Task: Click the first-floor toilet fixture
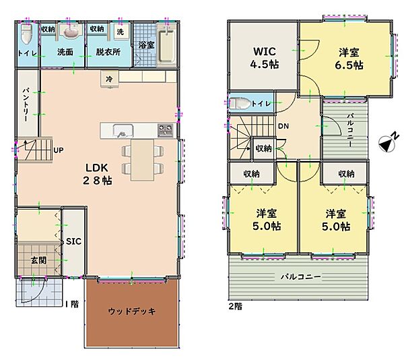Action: pos(26,34)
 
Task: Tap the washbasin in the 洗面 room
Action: pos(70,31)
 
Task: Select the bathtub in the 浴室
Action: pos(166,47)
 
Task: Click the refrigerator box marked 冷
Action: pos(109,79)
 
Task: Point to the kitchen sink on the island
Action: pos(123,131)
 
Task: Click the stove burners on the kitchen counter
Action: pos(166,130)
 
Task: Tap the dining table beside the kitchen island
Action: pos(143,160)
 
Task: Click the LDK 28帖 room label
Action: pos(97,174)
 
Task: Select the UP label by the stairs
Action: pos(59,150)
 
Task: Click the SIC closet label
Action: pos(73,241)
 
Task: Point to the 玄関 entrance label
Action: pos(38,260)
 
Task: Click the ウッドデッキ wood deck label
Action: pos(132,311)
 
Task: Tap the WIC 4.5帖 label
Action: pos(265,57)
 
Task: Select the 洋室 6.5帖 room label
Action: pos(349,59)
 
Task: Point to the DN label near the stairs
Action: pos(283,126)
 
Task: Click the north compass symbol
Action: pos(388,142)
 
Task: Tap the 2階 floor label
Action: pos(236,306)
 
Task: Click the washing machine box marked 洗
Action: pos(121,32)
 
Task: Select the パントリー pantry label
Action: pos(26,104)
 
